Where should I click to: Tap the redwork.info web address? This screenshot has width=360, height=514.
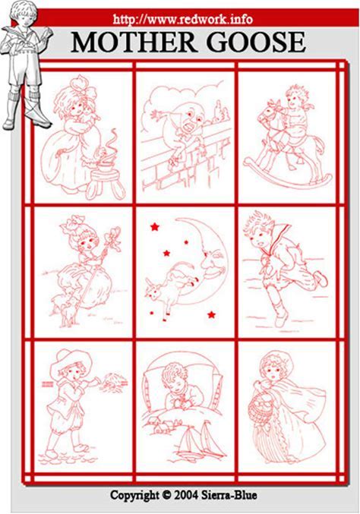(x=182, y=19)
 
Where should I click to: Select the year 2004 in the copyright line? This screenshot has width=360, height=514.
(x=186, y=495)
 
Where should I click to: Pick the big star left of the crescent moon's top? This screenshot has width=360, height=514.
(x=154, y=226)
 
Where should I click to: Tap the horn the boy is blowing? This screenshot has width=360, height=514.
(x=95, y=380)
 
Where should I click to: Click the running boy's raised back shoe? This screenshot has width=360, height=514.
(x=321, y=278)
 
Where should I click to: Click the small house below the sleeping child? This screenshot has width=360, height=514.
(x=163, y=425)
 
